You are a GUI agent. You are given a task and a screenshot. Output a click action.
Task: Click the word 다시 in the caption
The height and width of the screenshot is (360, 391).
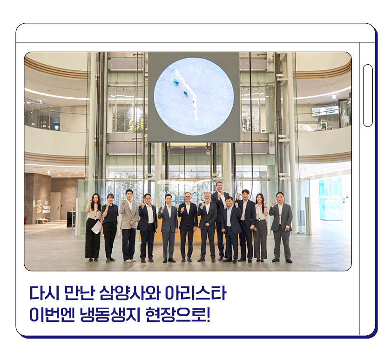pyautogui.click(x=44, y=292)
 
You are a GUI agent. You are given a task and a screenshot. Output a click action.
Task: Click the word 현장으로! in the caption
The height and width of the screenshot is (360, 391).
pyautogui.click(x=177, y=315)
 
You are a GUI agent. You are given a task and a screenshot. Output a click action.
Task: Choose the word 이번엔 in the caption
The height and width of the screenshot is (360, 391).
pyautogui.click(x=52, y=315)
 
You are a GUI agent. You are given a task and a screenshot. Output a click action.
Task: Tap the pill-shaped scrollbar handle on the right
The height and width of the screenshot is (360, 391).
pyautogui.click(x=368, y=95)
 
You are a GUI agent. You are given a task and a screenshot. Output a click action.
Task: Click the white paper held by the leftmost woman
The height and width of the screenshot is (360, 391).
pyautogui.click(x=96, y=227)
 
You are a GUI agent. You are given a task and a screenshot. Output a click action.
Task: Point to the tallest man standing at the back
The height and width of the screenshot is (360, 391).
pyautogui.click(x=219, y=219)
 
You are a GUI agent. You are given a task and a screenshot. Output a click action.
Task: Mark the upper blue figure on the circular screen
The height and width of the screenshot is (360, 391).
pyautogui.click(x=176, y=82)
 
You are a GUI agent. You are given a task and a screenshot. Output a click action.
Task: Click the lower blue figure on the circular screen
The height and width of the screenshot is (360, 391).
pyautogui.click(x=185, y=94)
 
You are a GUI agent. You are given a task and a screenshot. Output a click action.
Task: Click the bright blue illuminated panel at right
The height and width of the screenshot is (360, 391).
pyautogui.click(x=330, y=198)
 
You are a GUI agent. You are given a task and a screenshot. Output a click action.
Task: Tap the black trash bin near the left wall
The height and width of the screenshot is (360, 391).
pyautogui.click(x=71, y=219)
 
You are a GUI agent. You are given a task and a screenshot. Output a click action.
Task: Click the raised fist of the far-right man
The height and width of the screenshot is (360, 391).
pyautogui.click(x=273, y=204)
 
